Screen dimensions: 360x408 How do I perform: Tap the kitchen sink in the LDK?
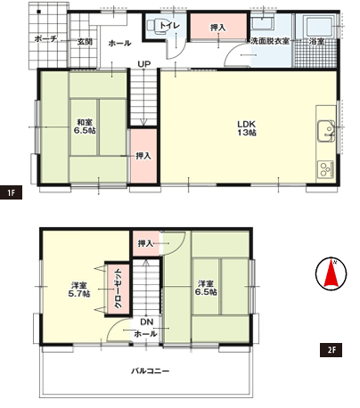326,131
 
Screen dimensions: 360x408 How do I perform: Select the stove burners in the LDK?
325,169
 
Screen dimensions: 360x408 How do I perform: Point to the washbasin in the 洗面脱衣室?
262,22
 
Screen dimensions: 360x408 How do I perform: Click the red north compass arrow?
331,273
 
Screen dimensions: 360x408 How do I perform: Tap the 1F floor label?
11,193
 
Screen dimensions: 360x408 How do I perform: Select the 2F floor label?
331,350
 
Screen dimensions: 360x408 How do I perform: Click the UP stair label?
144,64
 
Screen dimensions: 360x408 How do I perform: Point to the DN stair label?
146,322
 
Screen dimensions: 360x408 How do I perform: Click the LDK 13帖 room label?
247,128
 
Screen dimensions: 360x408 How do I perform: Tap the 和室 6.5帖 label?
85,126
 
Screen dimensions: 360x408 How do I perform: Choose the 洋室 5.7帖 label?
79,290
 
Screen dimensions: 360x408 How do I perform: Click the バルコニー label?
151,371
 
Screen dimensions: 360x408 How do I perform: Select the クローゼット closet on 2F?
118,289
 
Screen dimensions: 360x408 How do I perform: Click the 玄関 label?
85,42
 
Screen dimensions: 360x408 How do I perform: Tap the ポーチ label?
45,38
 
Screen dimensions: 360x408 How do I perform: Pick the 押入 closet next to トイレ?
218,27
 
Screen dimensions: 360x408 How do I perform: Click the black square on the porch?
38,12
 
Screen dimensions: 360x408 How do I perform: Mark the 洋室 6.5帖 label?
206,288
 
